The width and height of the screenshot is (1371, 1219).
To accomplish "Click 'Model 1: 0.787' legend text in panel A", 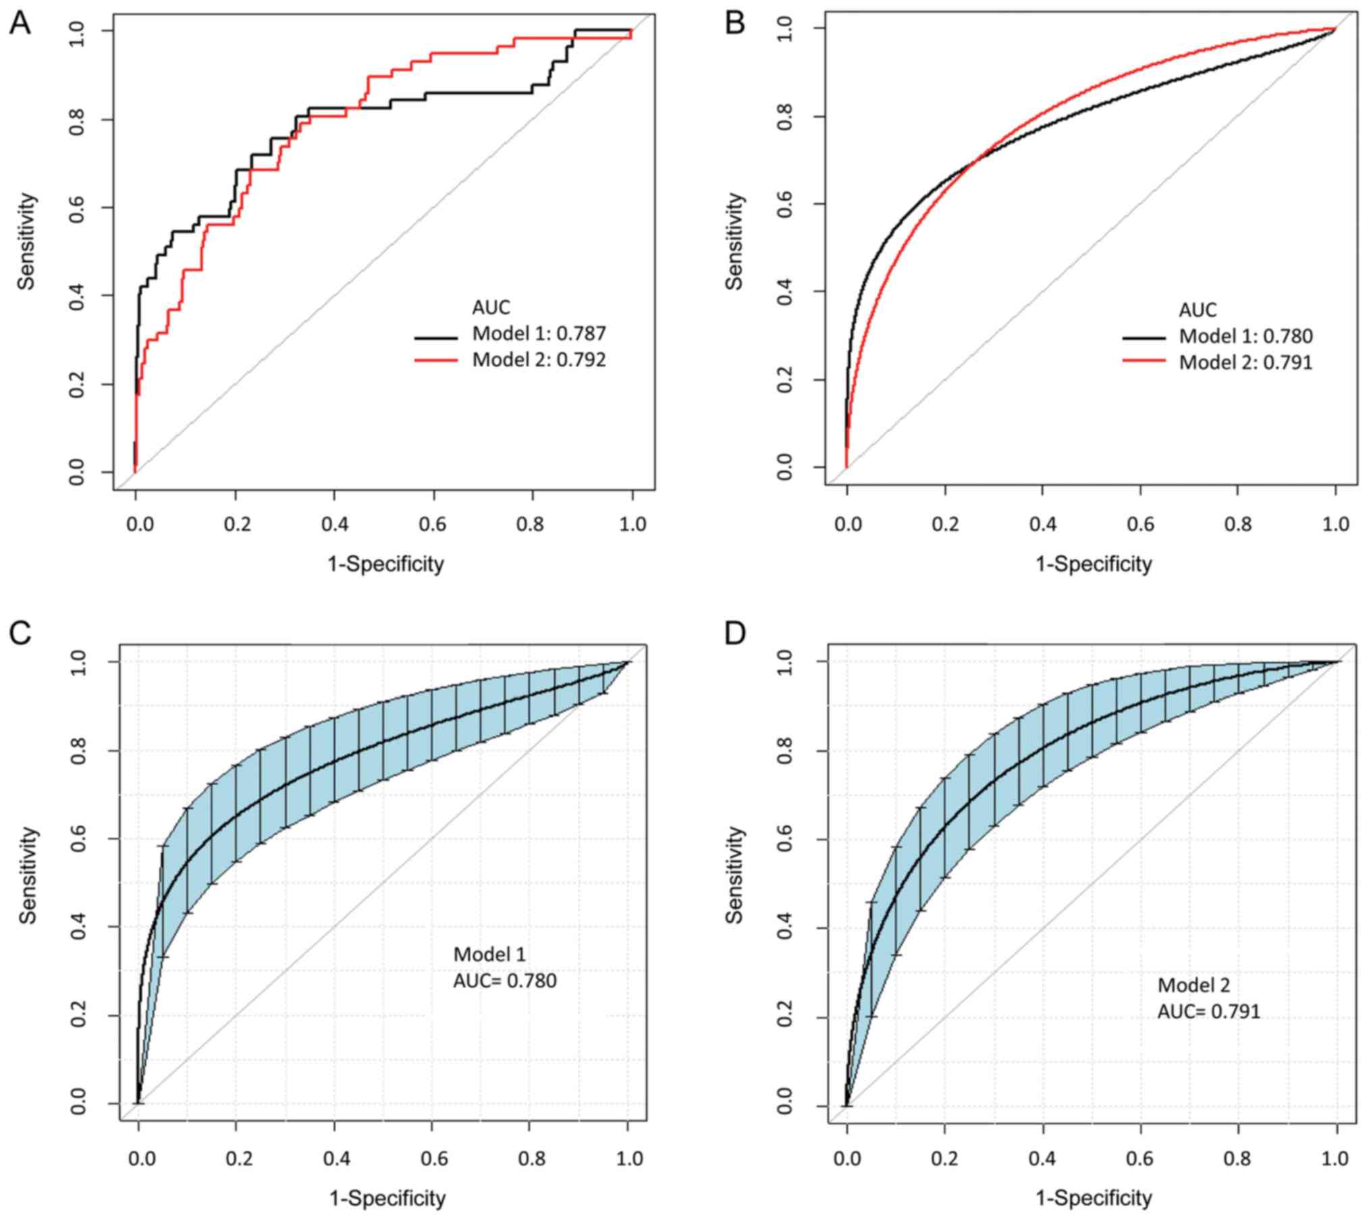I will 539,333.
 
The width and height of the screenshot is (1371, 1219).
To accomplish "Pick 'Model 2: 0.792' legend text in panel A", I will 539,360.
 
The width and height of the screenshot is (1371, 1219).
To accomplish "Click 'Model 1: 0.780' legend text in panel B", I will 1245,336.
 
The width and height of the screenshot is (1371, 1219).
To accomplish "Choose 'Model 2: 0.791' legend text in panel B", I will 1245,362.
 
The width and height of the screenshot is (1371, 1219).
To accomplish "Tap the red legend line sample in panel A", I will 435,360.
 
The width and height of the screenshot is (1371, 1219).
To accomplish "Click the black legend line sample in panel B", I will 1144,337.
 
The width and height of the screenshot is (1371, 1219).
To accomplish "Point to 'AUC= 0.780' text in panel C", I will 505,980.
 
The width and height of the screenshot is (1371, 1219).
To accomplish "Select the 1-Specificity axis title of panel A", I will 386,564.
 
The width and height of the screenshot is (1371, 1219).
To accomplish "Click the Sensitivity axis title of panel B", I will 734,241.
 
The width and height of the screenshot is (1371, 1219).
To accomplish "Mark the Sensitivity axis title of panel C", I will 27,875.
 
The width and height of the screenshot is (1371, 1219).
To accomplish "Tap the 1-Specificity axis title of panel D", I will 1094,1198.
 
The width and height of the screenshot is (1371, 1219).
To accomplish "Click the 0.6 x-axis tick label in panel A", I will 433,524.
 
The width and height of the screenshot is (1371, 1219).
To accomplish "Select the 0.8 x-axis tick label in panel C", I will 531,1159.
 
